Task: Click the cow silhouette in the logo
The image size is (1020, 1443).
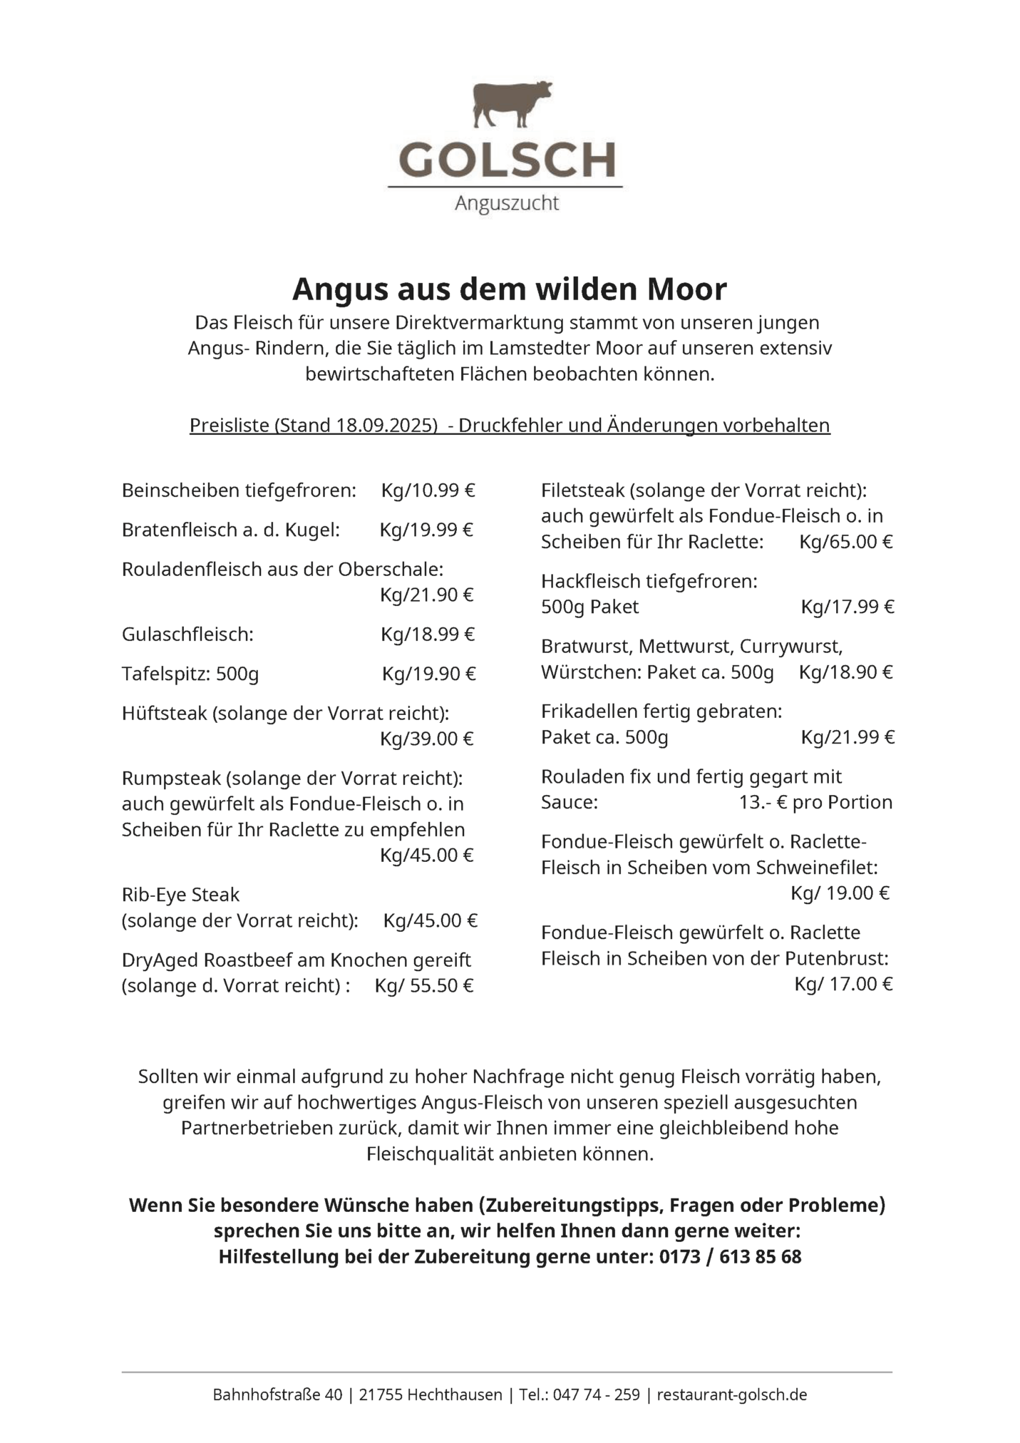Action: [x=510, y=105]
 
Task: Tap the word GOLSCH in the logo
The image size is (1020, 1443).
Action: [x=507, y=160]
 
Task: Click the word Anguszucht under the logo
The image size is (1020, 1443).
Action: [x=507, y=204]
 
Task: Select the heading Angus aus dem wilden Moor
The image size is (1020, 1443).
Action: [x=509, y=289]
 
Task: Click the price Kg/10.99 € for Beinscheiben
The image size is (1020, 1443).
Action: [x=428, y=491]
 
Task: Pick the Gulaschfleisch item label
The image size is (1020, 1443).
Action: [x=187, y=635]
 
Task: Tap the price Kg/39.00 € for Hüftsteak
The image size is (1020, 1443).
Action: [x=426, y=739]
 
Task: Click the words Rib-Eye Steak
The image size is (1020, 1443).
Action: [x=180, y=895]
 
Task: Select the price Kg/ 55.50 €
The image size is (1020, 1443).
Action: [x=424, y=986]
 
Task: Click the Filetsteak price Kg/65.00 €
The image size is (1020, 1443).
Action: [x=845, y=542]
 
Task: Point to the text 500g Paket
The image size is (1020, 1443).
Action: [x=589, y=607]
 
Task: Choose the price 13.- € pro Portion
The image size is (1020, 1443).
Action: [x=815, y=802]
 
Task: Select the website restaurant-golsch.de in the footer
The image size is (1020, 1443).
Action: [x=731, y=1395]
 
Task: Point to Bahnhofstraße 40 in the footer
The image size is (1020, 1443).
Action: [x=277, y=1395]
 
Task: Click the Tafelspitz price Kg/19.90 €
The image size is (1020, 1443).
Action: [x=428, y=674]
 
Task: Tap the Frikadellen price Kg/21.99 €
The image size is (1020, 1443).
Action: [x=848, y=737]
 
